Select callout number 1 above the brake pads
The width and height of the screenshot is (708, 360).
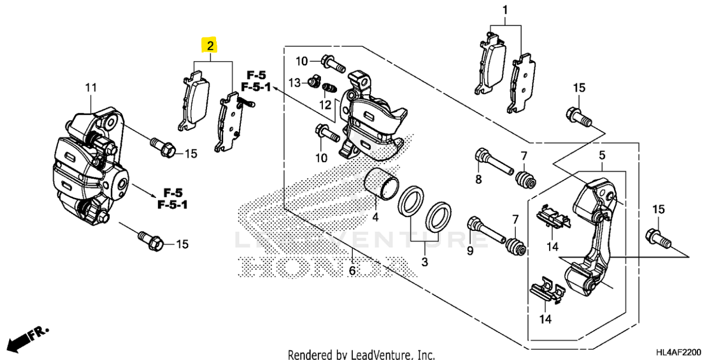click(x=505, y=10)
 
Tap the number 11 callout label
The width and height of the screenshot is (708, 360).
click(x=90, y=88)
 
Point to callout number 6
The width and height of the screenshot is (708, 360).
click(x=352, y=271)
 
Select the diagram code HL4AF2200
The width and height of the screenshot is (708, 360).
click(x=678, y=351)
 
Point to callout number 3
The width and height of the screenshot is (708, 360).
click(x=425, y=262)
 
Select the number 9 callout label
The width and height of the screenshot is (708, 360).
click(x=470, y=250)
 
